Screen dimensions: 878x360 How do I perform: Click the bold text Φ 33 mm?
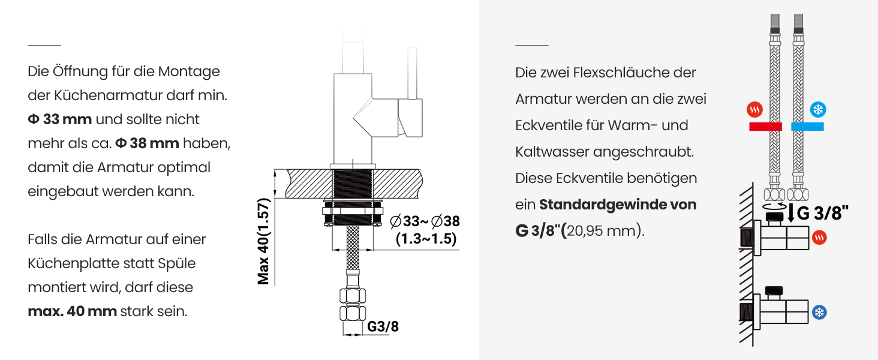pos(59,119)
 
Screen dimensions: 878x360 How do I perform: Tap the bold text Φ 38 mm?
pos(147,143)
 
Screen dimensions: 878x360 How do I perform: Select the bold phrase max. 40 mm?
pos(72,311)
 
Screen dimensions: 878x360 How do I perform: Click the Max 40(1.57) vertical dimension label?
pos(263,241)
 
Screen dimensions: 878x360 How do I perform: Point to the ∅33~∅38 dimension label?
pos(425,221)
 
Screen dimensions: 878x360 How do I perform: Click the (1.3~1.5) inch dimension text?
pos(426,239)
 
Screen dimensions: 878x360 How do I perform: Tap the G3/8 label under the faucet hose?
pos(383,326)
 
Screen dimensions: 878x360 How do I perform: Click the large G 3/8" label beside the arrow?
pos(822,213)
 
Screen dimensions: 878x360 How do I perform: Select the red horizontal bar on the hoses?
pos(765,126)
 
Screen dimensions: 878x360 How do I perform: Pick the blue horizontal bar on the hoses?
pos(807,126)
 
